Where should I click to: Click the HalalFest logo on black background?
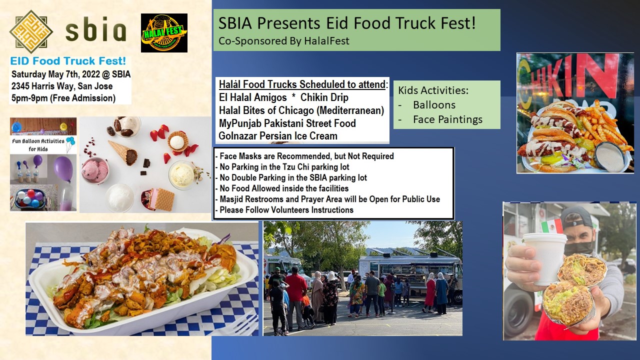click(164, 33)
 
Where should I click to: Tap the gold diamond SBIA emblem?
click(31, 31)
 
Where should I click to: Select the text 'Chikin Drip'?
click(324, 97)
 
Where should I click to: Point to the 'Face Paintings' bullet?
click(447, 119)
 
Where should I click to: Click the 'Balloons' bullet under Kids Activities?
click(434, 105)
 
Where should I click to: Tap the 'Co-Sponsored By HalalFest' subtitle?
click(283, 41)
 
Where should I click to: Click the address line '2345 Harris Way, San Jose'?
click(62, 86)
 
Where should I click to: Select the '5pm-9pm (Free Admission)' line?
click(63, 98)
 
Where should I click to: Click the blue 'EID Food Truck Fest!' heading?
click(68, 61)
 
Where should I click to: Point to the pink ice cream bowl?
click(95, 170)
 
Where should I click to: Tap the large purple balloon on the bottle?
click(63, 168)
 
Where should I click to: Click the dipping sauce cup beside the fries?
click(609, 156)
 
